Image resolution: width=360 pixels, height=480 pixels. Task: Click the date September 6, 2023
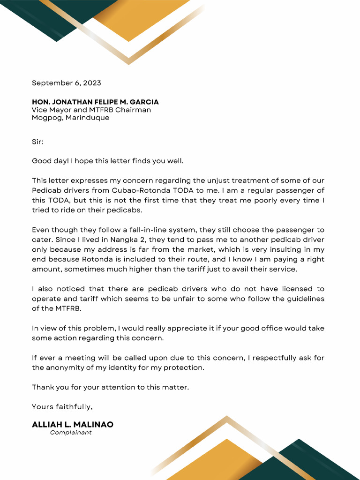(66, 83)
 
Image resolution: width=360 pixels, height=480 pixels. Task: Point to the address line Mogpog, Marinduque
(70, 118)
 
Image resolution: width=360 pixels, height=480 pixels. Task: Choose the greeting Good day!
(50, 161)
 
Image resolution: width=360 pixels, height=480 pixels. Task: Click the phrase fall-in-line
(139, 230)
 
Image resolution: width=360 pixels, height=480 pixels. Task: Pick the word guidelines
(303, 299)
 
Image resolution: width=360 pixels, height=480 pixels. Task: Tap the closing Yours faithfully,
(62, 406)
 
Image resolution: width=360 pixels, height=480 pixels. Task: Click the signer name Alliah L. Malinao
(73, 425)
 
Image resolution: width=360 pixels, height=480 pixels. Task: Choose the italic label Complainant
(71, 433)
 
